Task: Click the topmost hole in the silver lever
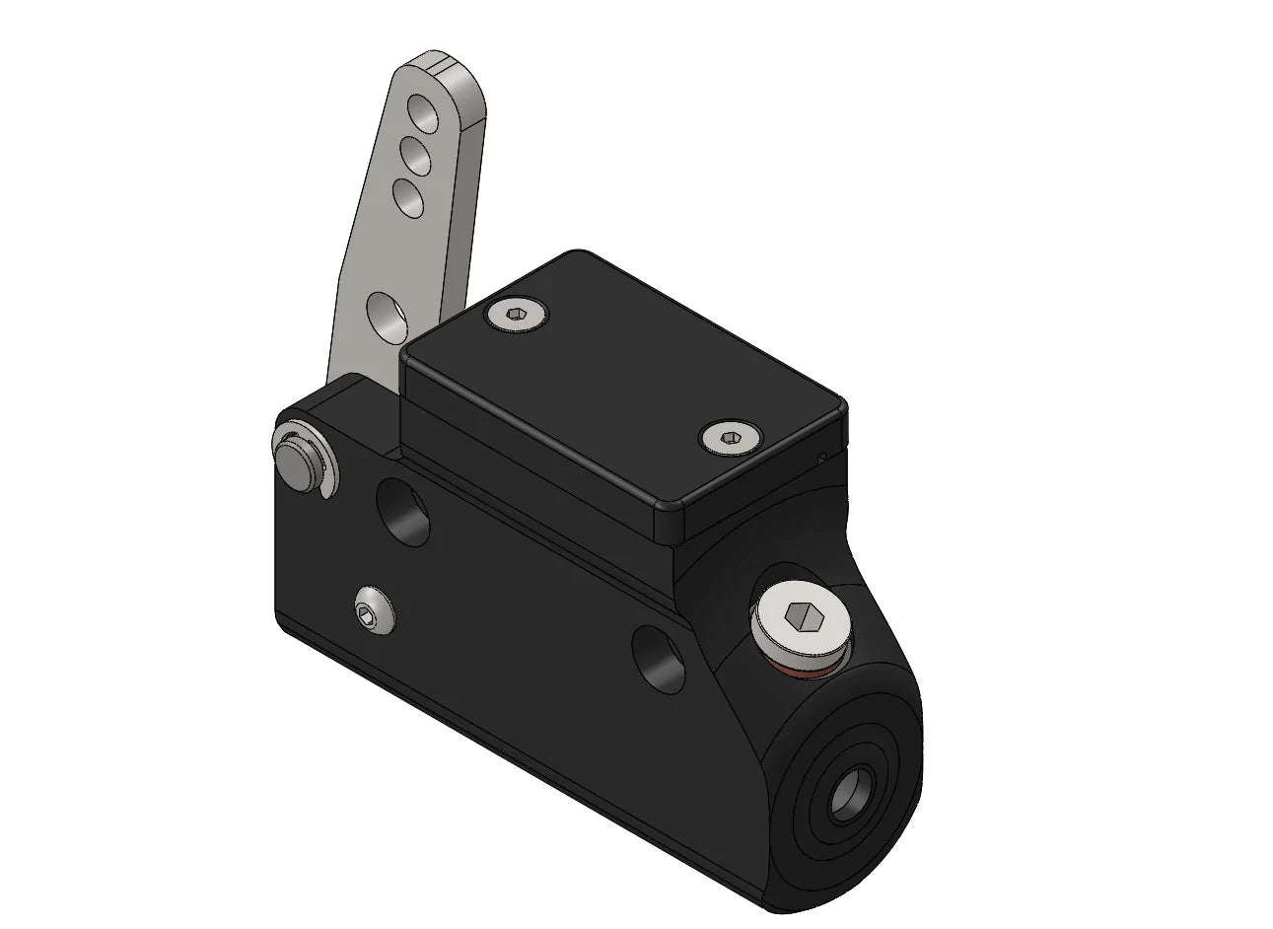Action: (x=424, y=110)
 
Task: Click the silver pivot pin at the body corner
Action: (x=297, y=458)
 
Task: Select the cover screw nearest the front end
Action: (x=728, y=437)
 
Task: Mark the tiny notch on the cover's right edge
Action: (x=822, y=456)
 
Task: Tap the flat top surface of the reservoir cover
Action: (x=621, y=385)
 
